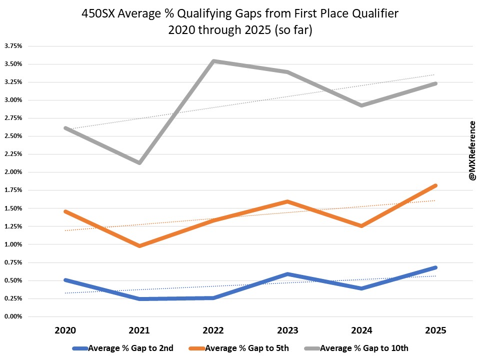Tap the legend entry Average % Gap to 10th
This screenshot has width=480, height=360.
tap(365, 348)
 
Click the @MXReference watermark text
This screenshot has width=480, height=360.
tap(471, 150)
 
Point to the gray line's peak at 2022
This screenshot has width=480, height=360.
tap(213, 61)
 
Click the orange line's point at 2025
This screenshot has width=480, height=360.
tap(436, 185)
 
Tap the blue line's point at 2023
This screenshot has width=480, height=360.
tap(287, 274)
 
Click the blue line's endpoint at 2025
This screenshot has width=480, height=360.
tap(436, 267)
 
